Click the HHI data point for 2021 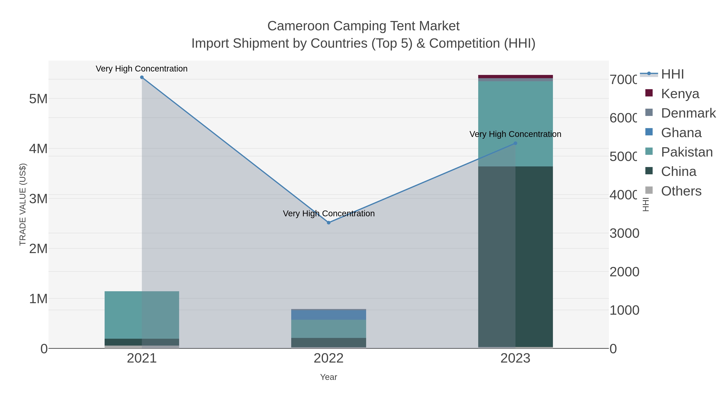tap(142, 77)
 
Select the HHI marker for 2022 tap(329, 223)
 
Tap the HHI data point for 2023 tap(515, 143)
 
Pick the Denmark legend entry tap(688, 113)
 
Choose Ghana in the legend tap(681, 133)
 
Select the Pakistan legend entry tap(686, 152)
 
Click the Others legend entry tap(681, 191)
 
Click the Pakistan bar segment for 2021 tap(142, 315)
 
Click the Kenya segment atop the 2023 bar tap(515, 77)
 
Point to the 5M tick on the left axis tap(38, 99)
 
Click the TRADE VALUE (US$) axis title tap(23, 204)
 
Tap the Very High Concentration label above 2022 tap(329, 214)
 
